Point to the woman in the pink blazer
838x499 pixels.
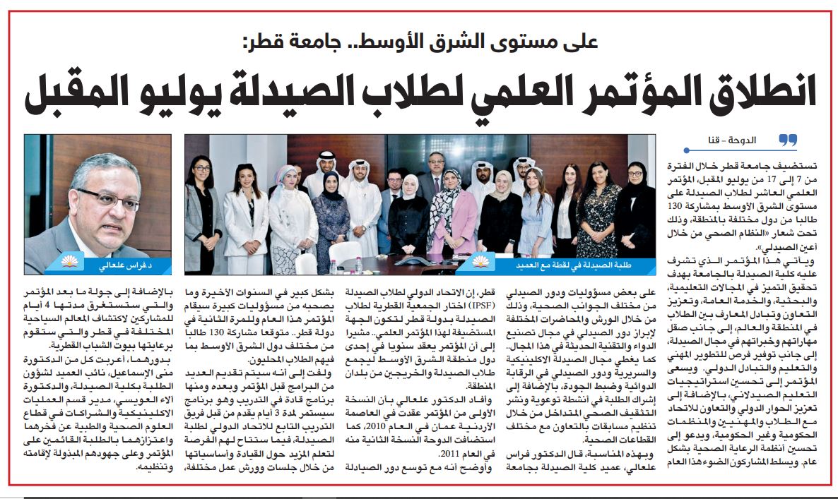click(452, 219)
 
